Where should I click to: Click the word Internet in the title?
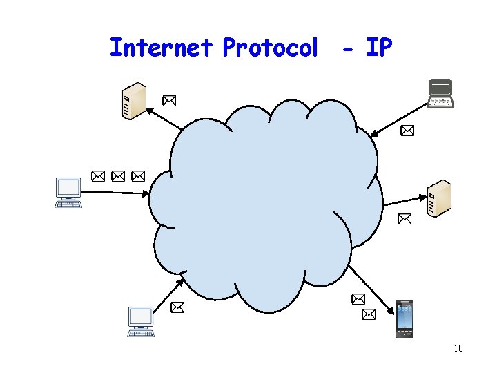[x=161, y=48]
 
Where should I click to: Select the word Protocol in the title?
[x=271, y=48]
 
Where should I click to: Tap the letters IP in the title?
[x=378, y=48]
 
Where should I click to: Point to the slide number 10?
[x=458, y=348]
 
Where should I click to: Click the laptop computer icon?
[x=440, y=94]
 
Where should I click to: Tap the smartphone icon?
[x=405, y=319]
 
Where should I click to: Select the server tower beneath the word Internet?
[x=133, y=101]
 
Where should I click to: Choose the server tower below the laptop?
[x=438, y=198]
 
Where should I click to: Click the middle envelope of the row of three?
[x=118, y=176]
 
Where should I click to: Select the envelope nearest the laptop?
[x=407, y=130]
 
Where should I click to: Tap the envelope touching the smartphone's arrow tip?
[x=369, y=314]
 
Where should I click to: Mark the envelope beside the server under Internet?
[x=168, y=102]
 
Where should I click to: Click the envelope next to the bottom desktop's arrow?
[x=177, y=307]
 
